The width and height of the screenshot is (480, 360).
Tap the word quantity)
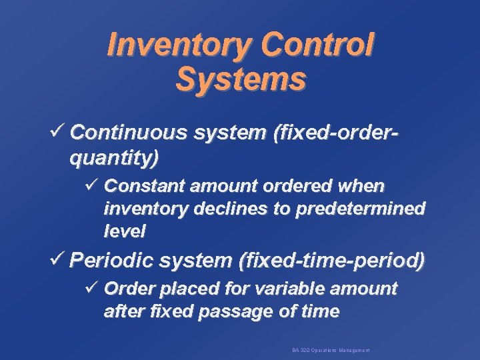pyautogui.click(x=114, y=159)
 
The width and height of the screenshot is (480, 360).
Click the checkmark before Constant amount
pyautogui.click(x=93, y=183)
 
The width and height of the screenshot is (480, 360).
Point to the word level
pyautogui.click(x=125, y=232)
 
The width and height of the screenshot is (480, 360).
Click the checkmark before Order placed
pyautogui.click(x=93, y=288)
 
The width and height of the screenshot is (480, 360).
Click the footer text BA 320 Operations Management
pyautogui.click(x=331, y=350)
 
